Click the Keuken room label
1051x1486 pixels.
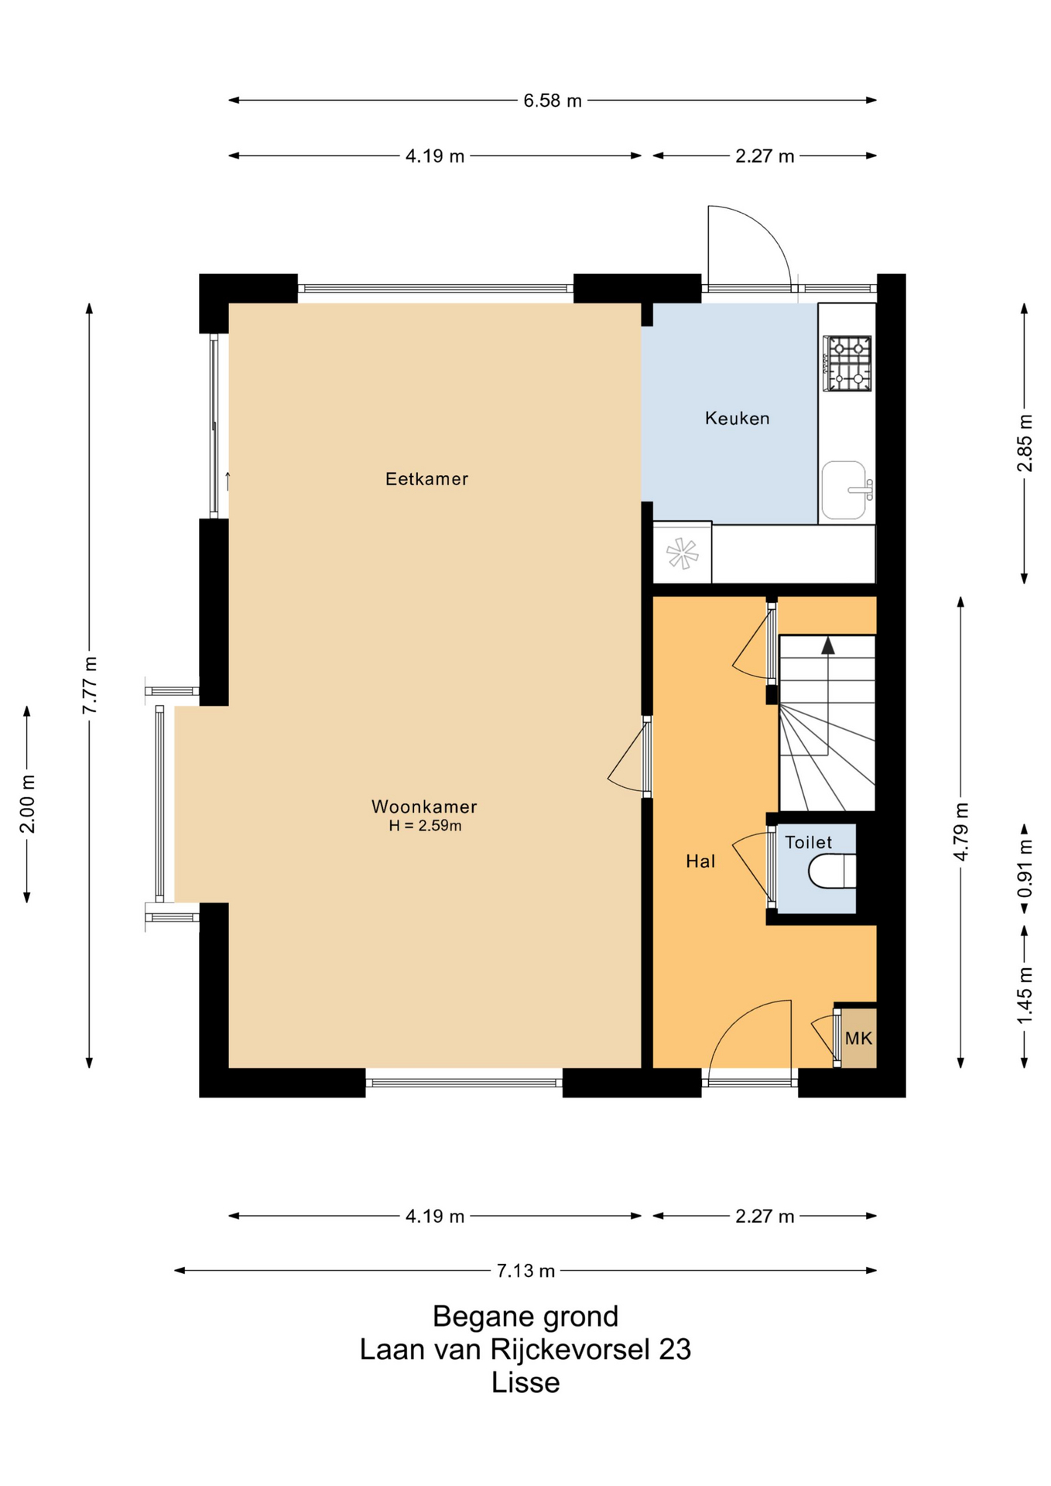pos(737,419)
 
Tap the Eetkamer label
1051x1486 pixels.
pos(426,479)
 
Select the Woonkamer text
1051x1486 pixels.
pos(424,806)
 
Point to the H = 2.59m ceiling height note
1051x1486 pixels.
pos(425,826)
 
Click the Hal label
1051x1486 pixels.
pos(700,861)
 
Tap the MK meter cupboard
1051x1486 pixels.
pos(858,1038)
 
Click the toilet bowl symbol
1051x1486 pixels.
pos(832,871)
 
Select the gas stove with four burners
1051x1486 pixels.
pos(847,363)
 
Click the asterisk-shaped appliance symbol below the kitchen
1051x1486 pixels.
pos(682,553)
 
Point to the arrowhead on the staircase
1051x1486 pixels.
pos(828,645)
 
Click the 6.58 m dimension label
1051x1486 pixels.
pos(553,101)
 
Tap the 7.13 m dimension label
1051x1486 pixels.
pos(525,1271)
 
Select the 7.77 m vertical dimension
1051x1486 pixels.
pos(90,685)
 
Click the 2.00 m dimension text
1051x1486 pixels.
pos(27,804)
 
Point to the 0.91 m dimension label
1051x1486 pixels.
pos(1025,869)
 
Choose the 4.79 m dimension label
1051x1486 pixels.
pos(960,832)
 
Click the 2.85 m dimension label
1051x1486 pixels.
pos(1025,443)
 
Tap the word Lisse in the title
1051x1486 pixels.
pos(525,1383)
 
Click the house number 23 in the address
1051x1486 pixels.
pos(675,1350)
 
